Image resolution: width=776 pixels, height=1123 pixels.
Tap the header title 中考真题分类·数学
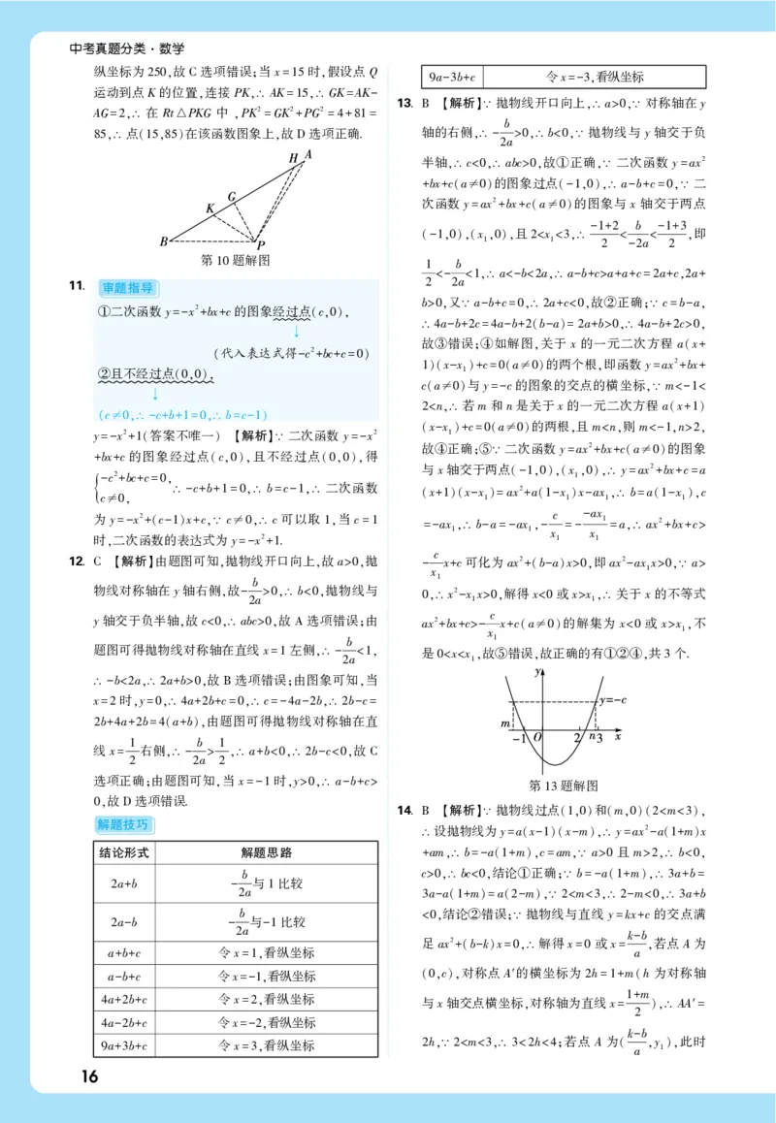(x=127, y=48)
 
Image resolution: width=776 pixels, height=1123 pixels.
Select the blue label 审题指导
(x=127, y=288)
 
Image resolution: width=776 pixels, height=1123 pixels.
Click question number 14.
(x=404, y=810)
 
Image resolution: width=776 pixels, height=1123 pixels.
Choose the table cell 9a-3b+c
(x=452, y=78)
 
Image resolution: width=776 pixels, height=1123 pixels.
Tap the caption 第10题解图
(x=234, y=260)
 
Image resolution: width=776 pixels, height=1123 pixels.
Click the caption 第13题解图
(x=563, y=785)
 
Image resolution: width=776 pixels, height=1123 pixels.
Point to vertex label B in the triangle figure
(x=164, y=241)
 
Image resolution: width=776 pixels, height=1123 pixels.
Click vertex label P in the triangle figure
(x=261, y=244)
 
